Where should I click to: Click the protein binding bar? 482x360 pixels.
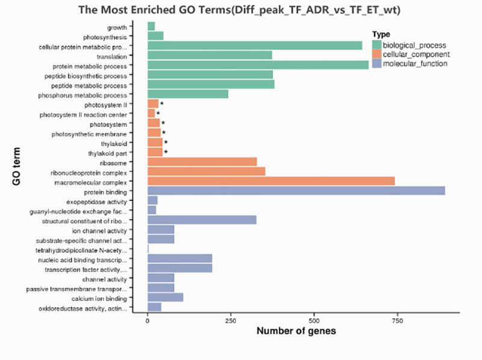point(296,190)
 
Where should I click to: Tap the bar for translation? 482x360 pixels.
point(210,55)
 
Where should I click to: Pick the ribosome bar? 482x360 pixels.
point(202,161)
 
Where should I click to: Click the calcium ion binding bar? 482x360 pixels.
point(165,297)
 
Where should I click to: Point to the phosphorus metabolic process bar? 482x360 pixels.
point(187,94)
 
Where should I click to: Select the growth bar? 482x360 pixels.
point(151,26)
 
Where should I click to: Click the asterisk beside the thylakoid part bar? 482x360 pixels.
point(166,152)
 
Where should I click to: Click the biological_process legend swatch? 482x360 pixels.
point(377,45)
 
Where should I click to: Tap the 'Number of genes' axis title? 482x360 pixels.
point(296,332)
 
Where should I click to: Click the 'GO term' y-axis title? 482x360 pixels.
point(17,167)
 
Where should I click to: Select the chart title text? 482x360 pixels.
point(240,10)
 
